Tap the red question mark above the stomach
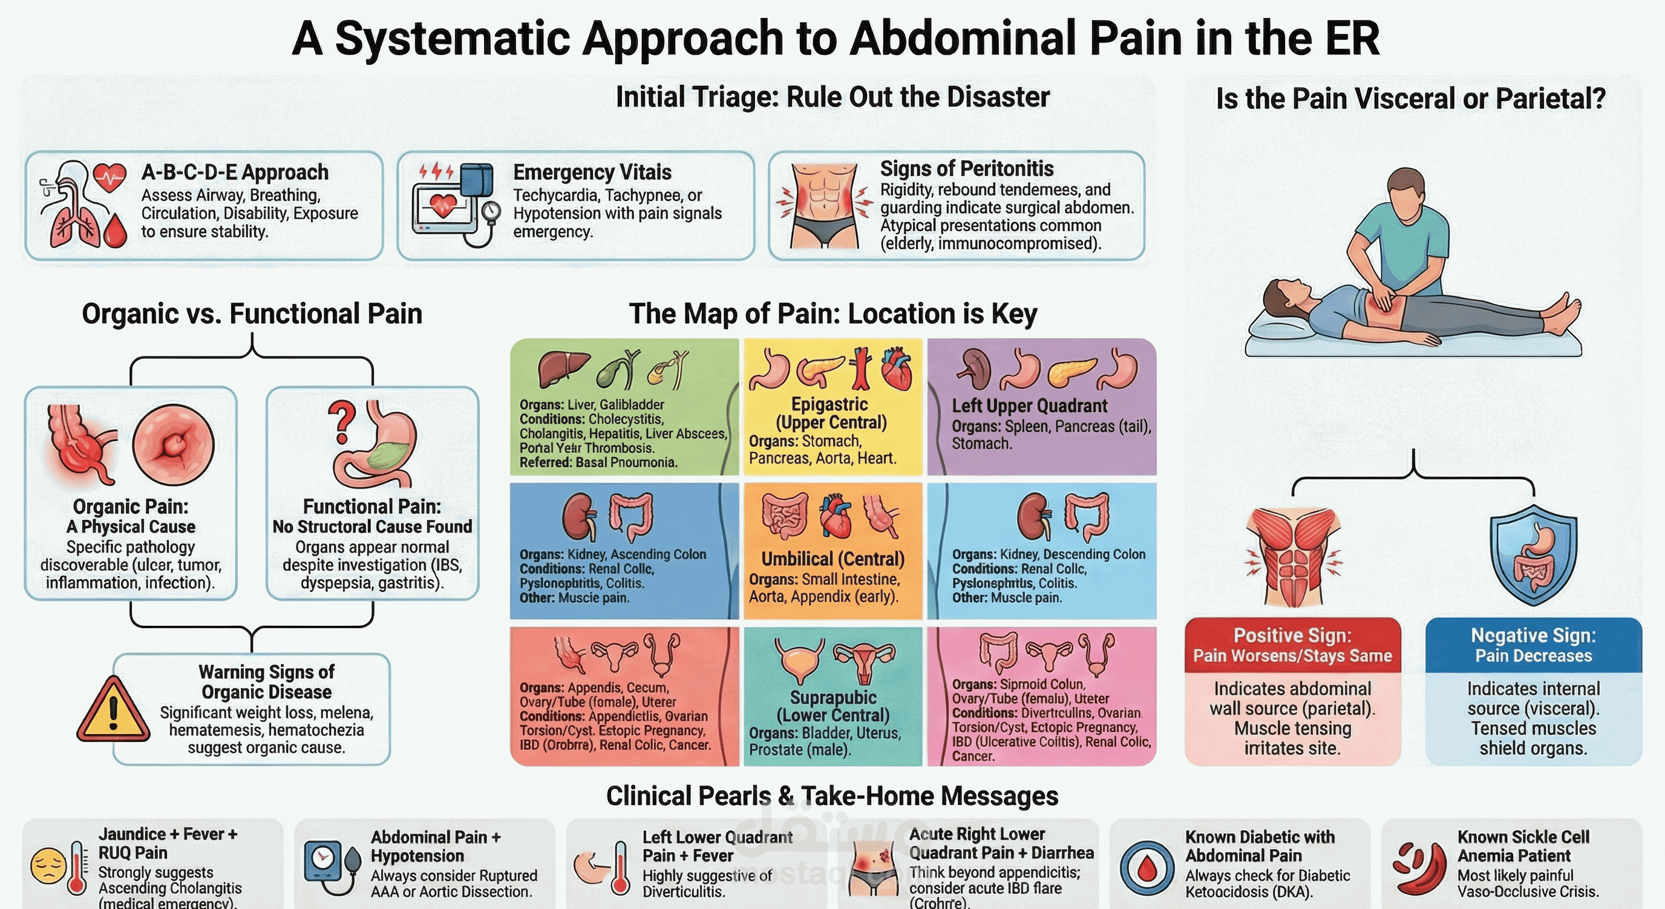342,421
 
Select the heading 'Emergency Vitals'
592,172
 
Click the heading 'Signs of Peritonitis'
966,169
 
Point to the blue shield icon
1533,556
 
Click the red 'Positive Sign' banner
1292,645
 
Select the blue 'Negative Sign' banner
1533,645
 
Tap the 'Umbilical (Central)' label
832,559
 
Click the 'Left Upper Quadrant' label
1029,406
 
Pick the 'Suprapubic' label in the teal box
832,698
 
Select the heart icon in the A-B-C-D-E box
110,176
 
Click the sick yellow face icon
48,867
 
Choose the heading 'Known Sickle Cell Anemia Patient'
1522,845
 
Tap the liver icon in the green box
561,368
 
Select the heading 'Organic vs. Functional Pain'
252,313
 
